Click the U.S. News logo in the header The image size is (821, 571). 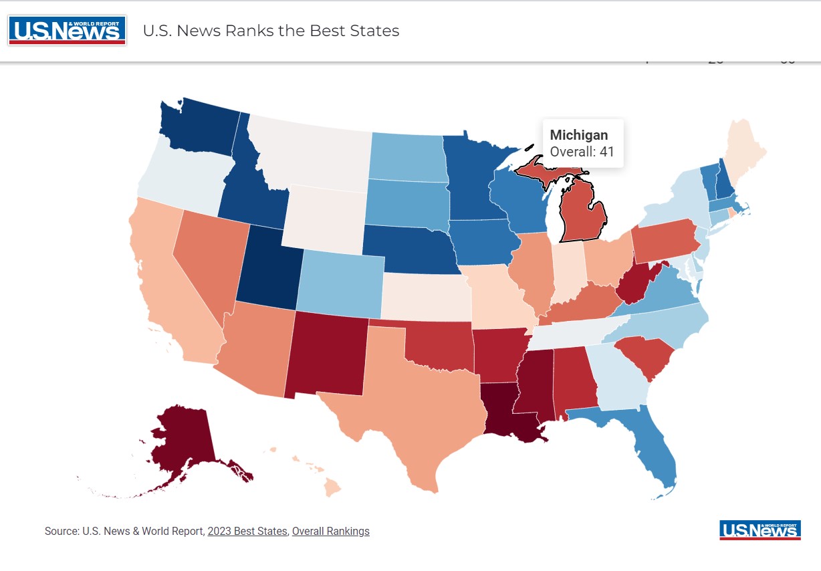[x=67, y=30]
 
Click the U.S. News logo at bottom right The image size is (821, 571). [x=759, y=530]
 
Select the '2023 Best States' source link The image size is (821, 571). [x=247, y=532]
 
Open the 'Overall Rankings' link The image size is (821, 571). [x=330, y=532]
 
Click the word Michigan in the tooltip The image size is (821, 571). [x=578, y=135]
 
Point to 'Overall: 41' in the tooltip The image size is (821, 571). [x=582, y=152]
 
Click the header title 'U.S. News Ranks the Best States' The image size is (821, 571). [x=271, y=31]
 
